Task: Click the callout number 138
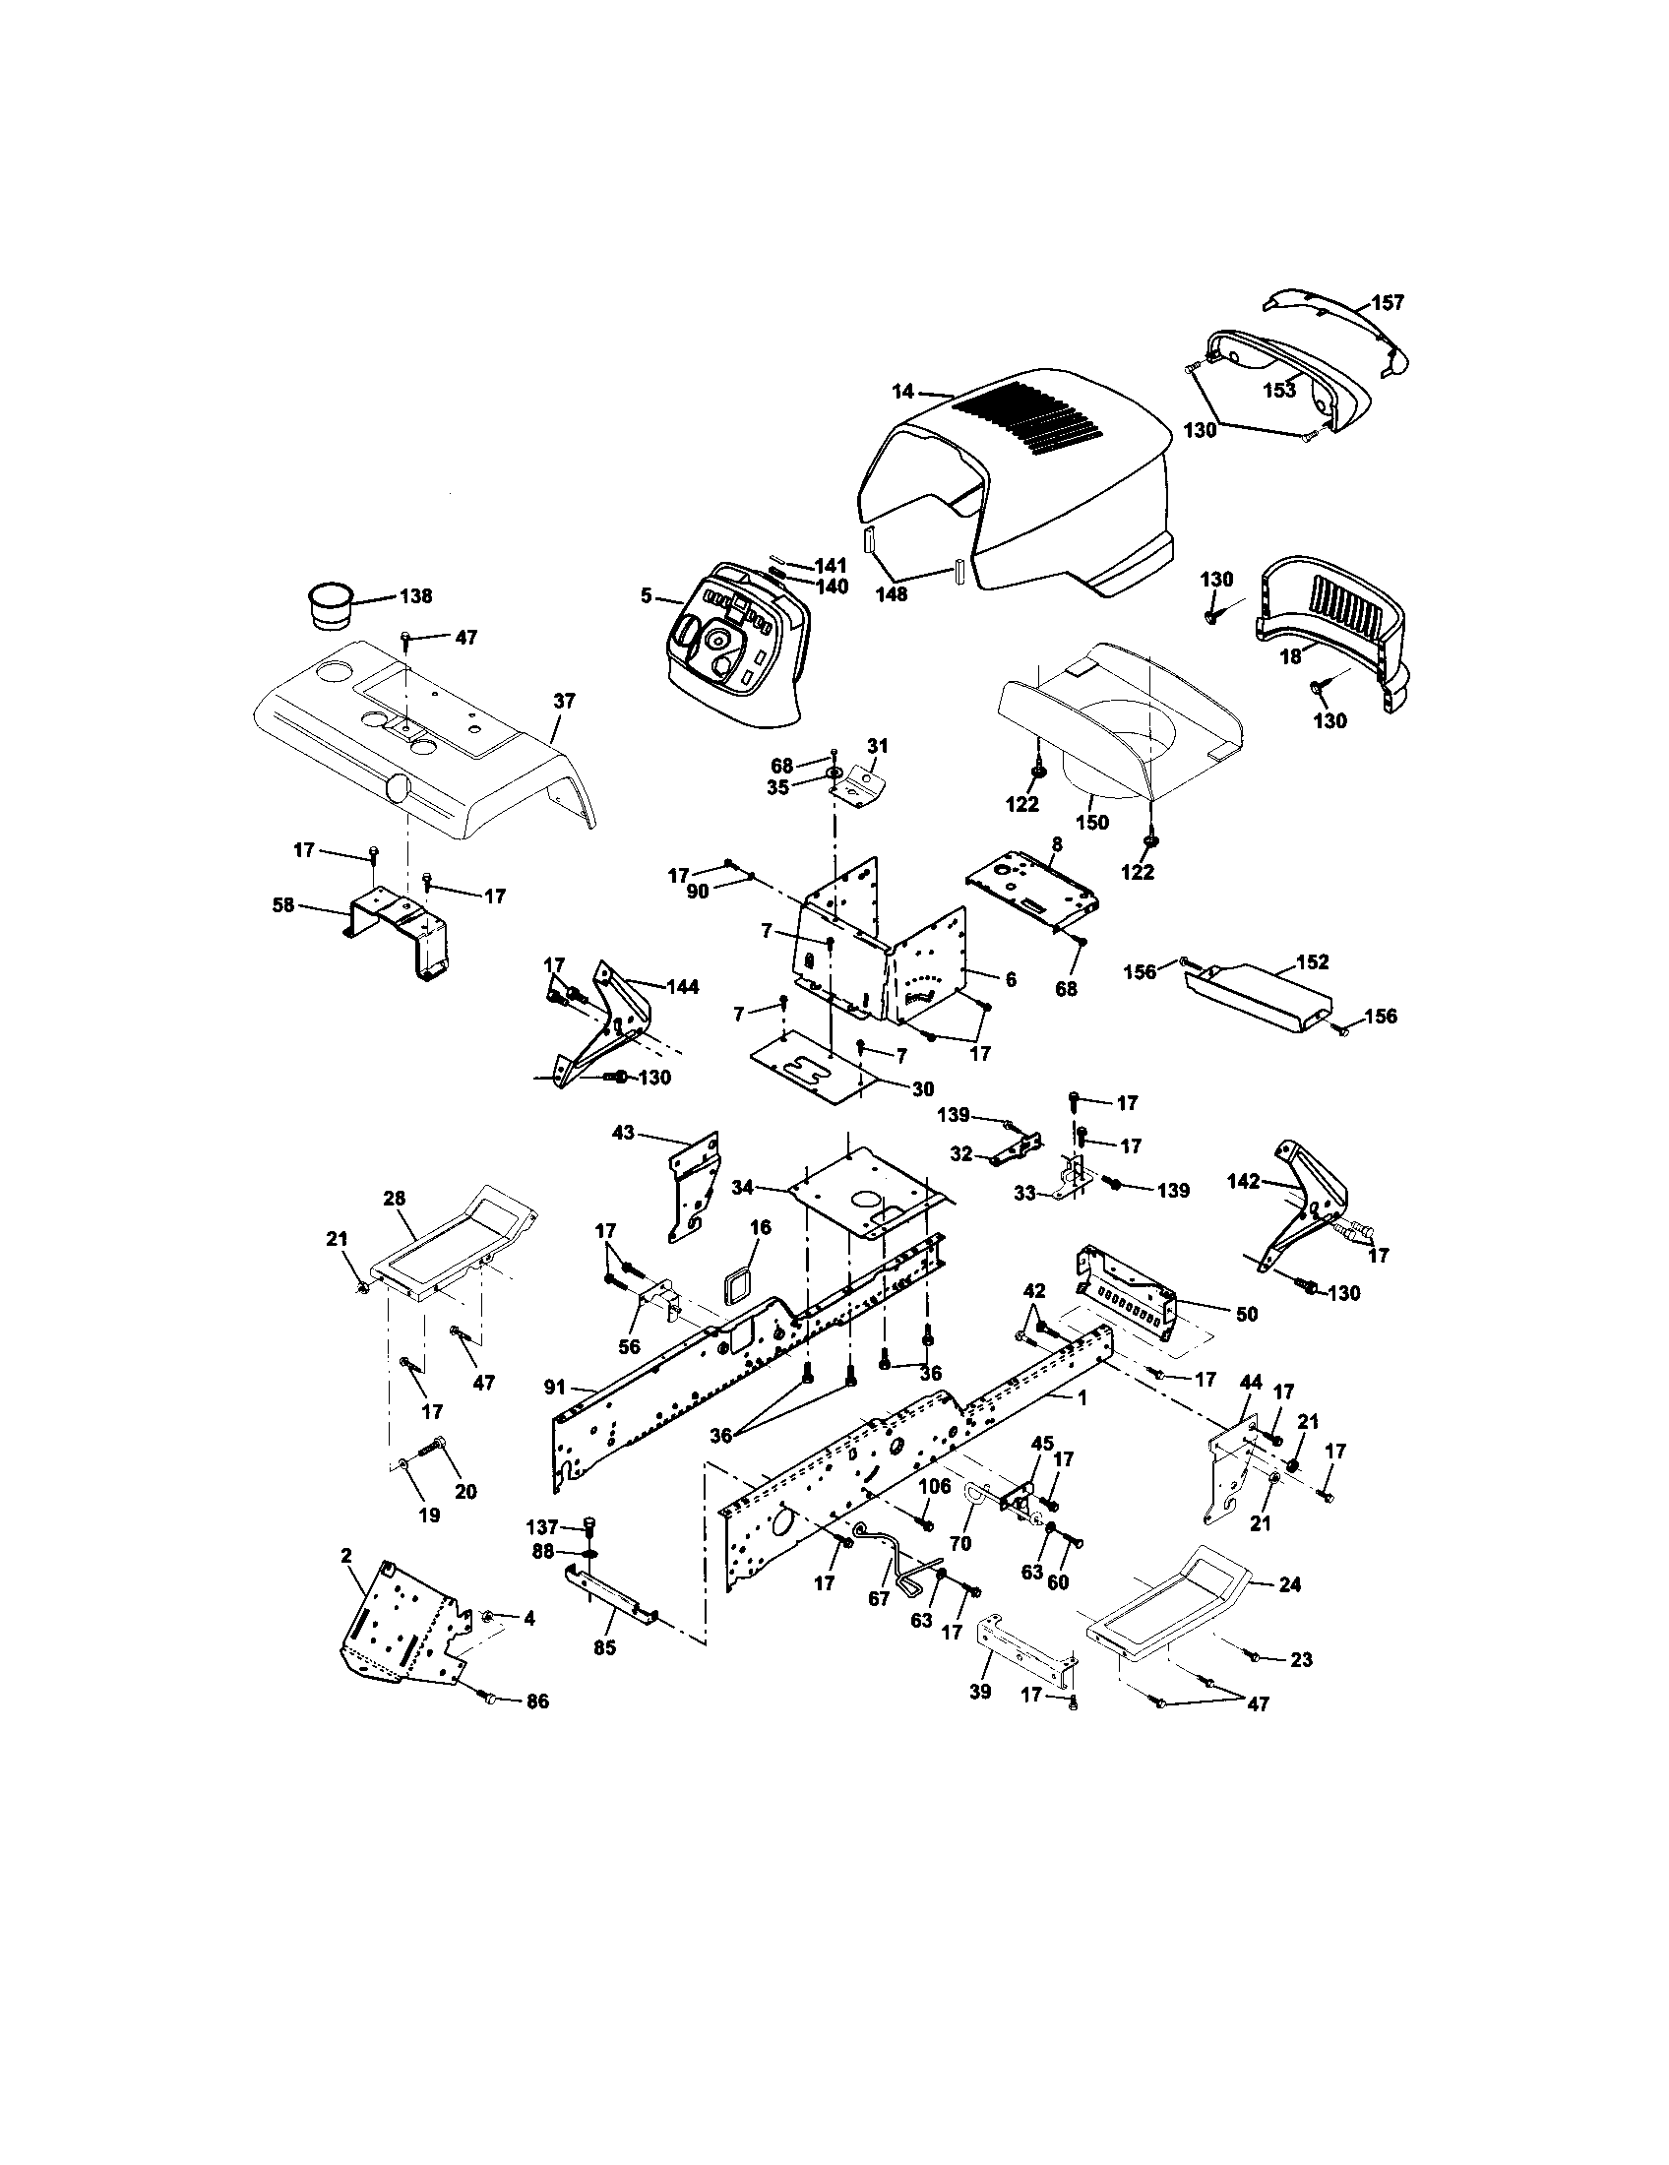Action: pos(415,596)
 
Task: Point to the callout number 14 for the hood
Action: pos(901,392)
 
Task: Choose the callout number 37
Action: pos(563,701)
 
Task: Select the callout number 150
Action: pos(1093,822)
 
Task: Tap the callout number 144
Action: pos(682,987)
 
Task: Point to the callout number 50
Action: pos(1247,1314)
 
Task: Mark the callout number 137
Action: pos(544,1526)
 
